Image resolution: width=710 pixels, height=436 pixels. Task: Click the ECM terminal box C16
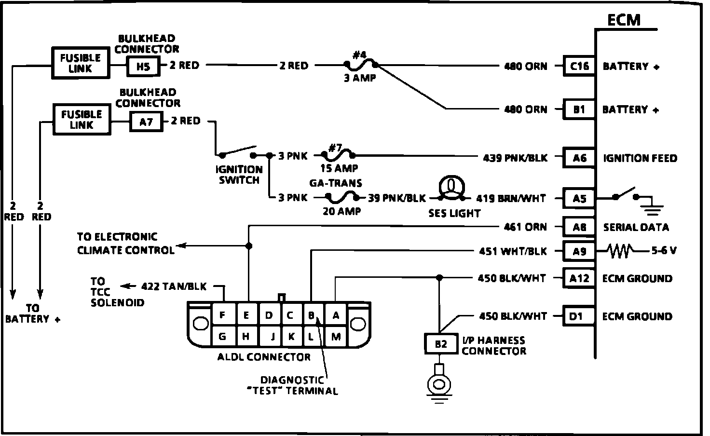click(579, 66)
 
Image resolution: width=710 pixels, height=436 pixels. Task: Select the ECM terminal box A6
click(579, 158)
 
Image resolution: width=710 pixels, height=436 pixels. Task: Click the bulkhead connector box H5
click(143, 67)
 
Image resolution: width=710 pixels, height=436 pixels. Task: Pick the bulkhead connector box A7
click(146, 122)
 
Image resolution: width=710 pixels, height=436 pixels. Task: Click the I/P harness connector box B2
click(441, 343)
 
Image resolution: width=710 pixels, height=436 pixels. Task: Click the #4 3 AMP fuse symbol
click(360, 64)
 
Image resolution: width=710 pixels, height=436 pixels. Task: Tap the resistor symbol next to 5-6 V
click(620, 250)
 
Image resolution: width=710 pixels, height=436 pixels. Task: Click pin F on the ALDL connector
click(222, 315)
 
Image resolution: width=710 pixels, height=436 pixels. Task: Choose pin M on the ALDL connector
click(336, 337)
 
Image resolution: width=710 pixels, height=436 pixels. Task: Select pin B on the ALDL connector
click(312, 315)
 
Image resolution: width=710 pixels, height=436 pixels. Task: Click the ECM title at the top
click(624, 20)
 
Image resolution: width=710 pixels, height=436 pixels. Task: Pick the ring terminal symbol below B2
click(438, 384)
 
